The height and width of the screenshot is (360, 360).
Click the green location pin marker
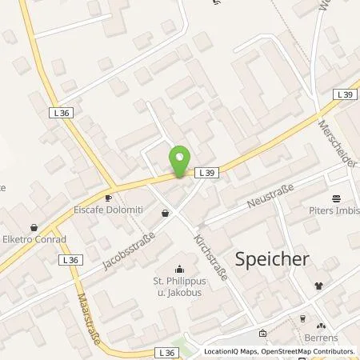pos(180,159)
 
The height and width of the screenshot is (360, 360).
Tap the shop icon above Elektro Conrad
pos(33,227)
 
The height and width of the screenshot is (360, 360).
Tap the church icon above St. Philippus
pos(180,269)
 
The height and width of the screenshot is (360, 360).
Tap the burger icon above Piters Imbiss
pos(336,198)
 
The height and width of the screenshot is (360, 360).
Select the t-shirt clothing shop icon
pos(320,284)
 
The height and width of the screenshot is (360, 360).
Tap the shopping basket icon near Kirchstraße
pos(166,214)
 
